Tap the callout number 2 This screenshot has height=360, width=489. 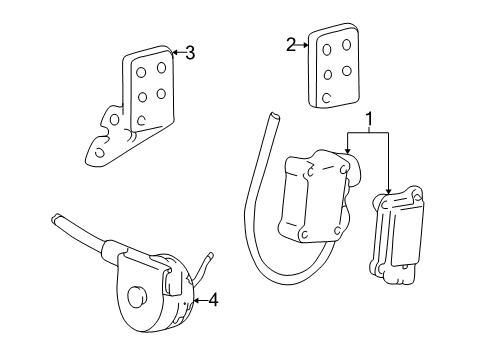(291, 45)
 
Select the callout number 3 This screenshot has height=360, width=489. (190, 53)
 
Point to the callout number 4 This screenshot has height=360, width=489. (213, 300)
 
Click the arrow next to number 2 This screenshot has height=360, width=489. (303, 45)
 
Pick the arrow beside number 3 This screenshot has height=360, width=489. (178, 52)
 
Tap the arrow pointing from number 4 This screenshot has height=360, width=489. (200, 300)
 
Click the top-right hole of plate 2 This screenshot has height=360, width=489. (347, 45)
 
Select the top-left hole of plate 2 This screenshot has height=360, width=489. (327, 50)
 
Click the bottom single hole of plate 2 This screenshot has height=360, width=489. (327, 98)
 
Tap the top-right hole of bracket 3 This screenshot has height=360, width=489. (162, 68)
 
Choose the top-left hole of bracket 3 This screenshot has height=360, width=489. (141, 73)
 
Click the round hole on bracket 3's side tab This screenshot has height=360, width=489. (115, 119)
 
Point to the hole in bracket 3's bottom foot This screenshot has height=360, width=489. (99, 152)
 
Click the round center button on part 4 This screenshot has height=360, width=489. (137, 296)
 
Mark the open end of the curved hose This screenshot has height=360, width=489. (274, 116)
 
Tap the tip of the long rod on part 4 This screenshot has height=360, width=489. (55, 217)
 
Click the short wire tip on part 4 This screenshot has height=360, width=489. (210, 255)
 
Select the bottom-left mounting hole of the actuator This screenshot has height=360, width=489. (304, 235)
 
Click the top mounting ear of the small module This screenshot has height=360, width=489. (416, 194)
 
